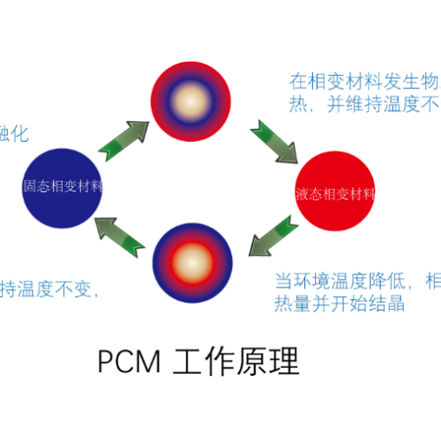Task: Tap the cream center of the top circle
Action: pyautogui.click(x=191, y=101)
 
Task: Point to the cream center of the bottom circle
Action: pyautogui.click(x=192, y=263)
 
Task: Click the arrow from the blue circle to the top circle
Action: pyautogui.click(x=123, y=140)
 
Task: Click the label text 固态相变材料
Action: pyautogui.click(x=63, y=187)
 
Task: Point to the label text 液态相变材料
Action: pyautogui.click(x=335, y=194)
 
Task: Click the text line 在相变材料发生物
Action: pyautogui.click(x=364, y=82)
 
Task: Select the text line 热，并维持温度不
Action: pyautogui.click(x=364, y=106)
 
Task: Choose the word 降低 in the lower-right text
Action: pyautogui.click(x=384, y=281)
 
